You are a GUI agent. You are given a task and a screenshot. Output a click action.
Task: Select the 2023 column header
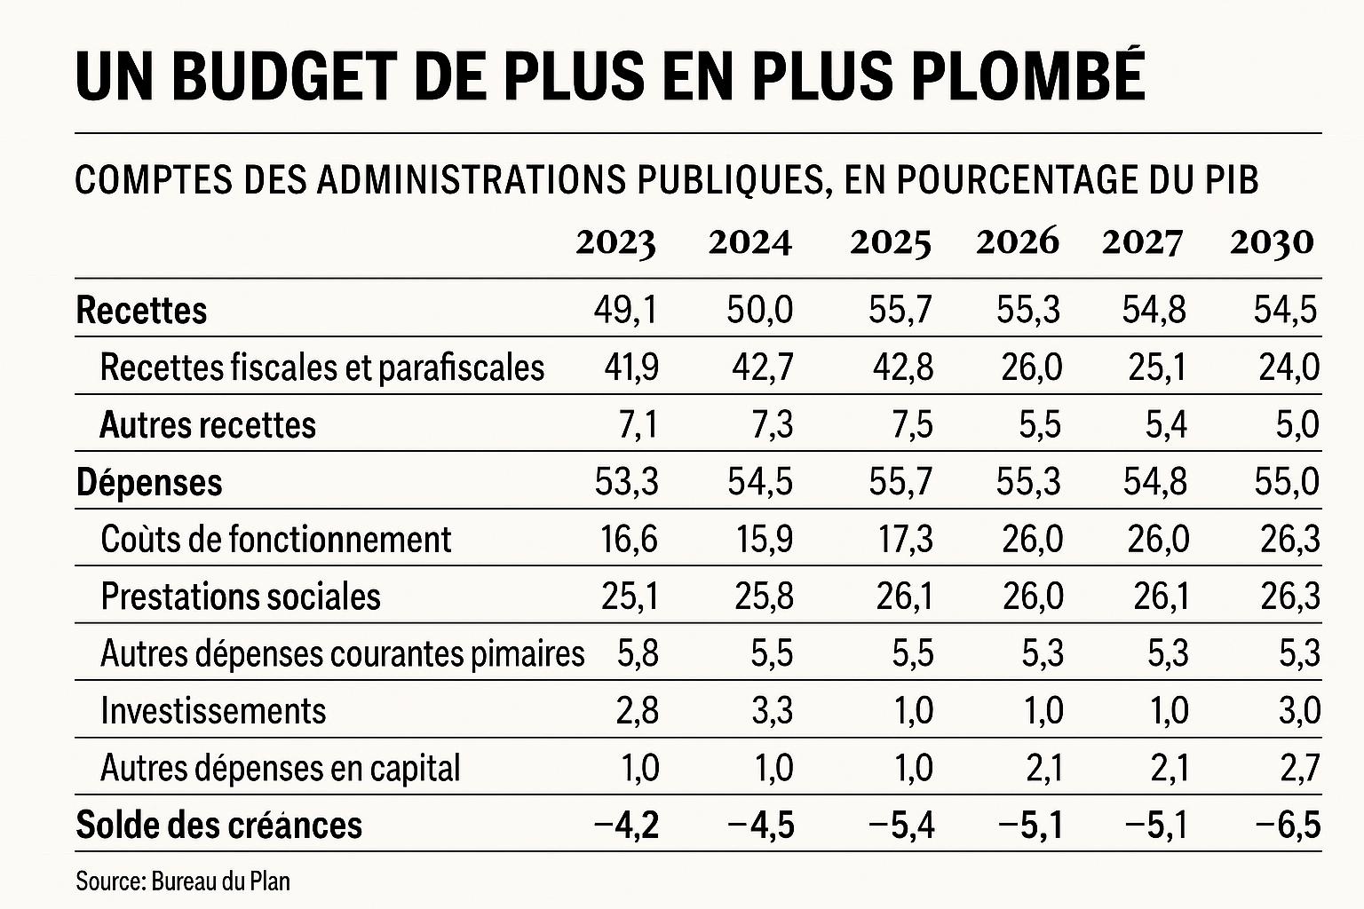pyautogui.click(x=615, y=243)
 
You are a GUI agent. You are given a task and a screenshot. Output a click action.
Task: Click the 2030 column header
pyautogui.click(x=1272, y=243)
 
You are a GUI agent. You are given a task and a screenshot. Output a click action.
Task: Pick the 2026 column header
pyautogui.click(x=1018, y=242)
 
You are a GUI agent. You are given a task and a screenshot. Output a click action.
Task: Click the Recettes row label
pyautogui.click(x=141, y=310)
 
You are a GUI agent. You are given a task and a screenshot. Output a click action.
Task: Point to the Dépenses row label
pyautogui.click(x=149, y=483)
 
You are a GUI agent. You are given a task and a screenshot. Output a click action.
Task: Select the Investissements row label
pyautogui.click(x=213, y=710)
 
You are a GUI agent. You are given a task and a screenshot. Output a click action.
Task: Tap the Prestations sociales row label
pyautogui.click(x=241, y=596)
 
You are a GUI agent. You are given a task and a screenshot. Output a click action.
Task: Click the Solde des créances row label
pyautogui.click(x=219, y=825)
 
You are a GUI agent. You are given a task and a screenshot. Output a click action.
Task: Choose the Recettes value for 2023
pyautogui.click(x=626, y=311)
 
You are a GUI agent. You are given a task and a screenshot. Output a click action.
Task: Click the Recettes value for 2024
pyautogui.click(x=760, y=311)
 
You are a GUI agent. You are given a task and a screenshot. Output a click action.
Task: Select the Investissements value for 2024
pyautogui.click(x=772, y=711)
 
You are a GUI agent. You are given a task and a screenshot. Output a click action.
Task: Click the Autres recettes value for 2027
pyautogui.click(x=1166, y=425)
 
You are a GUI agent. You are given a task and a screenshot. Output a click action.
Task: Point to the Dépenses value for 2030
pyautogui.click(x=1287, y=482)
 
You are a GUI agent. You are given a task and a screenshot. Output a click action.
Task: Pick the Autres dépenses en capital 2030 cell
pyautogui.click(x=1300, y=769)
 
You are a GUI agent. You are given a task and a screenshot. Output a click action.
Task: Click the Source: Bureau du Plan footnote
pyautogui.click(x=183, y=881)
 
